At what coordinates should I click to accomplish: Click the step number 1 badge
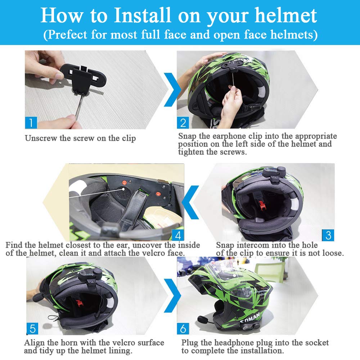[31, 123]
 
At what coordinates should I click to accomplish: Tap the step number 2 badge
[183, 123]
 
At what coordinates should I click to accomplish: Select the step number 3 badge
[328, 235]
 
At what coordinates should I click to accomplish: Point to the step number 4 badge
[178, 235]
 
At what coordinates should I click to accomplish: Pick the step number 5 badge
[32, 329]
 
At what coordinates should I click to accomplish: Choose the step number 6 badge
[183, 329]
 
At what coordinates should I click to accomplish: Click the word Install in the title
[143, 15]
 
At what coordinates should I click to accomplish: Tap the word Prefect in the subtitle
[67, 35]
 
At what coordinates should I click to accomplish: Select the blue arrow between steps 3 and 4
[190, 202]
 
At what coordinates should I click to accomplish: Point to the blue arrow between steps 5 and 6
[172, 296]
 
